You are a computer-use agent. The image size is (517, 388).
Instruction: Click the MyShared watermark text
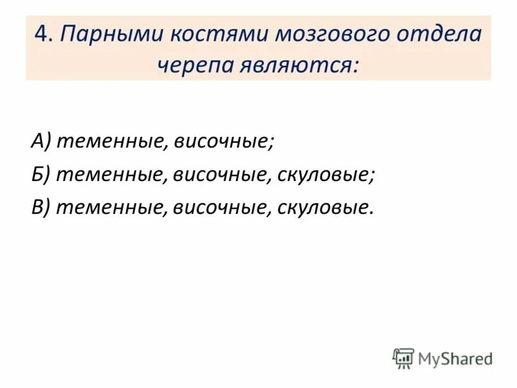[x=455, y=359]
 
